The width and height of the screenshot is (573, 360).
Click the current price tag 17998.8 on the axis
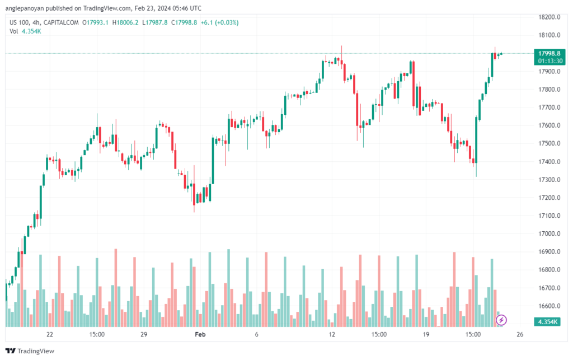pyautogui.click(x=549, y=53)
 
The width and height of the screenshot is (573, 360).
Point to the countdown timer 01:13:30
pyautogui.click(x=549, y=60)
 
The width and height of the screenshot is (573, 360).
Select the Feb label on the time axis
pyautogui.click(x=199, y=334)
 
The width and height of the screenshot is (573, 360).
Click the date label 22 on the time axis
pyautogui.click(x=50, y=334)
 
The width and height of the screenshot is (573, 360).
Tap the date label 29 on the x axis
pyautogui.click(x=144, y=334)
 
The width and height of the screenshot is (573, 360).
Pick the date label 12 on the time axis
pyautogui.click(x=332, y=334)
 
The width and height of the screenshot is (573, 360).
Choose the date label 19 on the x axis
pyautogui.click(x=426, y=334)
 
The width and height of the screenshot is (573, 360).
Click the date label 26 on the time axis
pyautogui.click(x=520, y=334)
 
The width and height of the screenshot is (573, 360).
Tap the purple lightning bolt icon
pyautogui.click(x=502, y=320)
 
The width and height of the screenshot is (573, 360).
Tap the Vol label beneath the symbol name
pyautogui.click(x=14, y=31)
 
